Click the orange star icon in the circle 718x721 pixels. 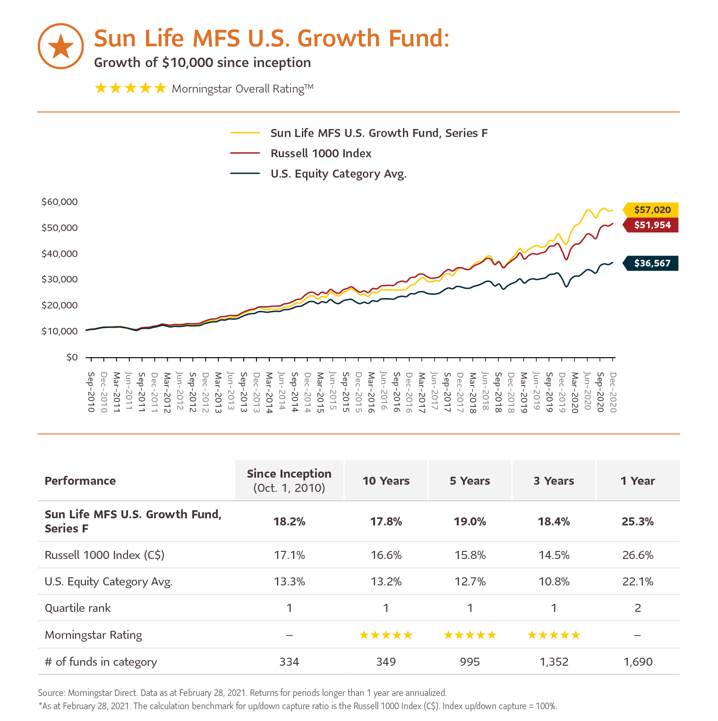pos(60,46)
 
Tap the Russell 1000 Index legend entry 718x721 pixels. pos(321,154)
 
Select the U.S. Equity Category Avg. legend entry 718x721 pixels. pos(338,174)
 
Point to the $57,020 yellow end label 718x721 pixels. pos(651,210)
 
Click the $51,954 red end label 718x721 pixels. pos(651,225)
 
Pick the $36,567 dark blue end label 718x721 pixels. pos(651,263)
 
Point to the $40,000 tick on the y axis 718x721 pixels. pos(60,254)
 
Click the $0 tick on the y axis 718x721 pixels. pos(72,357)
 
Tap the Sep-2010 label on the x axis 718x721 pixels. pos(91,392)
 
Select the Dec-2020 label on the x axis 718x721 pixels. pos(613,392)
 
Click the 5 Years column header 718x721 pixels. pos(470,481)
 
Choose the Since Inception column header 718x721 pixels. pos(289,481)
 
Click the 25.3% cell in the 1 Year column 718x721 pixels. pos(638,522)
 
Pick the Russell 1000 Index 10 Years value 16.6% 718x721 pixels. pos(386,555)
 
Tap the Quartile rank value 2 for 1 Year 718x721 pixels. pos(638,608)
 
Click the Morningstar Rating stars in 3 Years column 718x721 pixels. pos(554,635)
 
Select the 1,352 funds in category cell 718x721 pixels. pos(554,662)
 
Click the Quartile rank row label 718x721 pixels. pos(78,608)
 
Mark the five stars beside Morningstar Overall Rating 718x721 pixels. pos(130,88)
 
